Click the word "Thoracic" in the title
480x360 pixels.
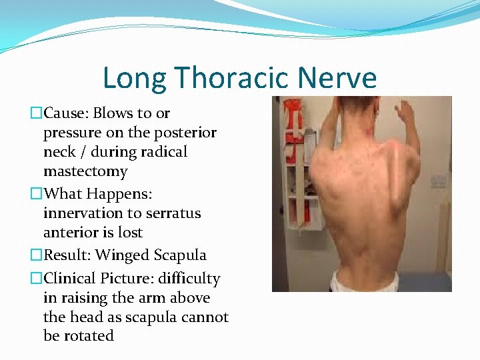click(x=231, y=78)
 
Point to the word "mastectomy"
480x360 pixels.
click(x=85, y=171)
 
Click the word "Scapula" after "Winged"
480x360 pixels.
click(x=179, y=255)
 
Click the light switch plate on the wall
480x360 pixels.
click(x=438, y=181)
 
